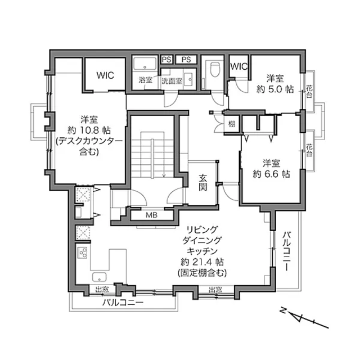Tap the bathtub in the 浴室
145,64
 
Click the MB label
151,215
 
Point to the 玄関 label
202,182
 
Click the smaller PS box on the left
166,60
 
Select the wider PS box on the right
186,60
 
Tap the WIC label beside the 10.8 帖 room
105,75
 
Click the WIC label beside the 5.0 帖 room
238,66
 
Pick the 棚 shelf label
232,124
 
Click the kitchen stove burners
82,253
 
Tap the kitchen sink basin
99,277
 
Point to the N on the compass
283,310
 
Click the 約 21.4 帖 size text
202,262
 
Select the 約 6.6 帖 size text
271,174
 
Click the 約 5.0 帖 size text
275,89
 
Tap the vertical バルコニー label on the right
287,251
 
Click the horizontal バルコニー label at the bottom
123,303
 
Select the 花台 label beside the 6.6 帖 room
309,150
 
